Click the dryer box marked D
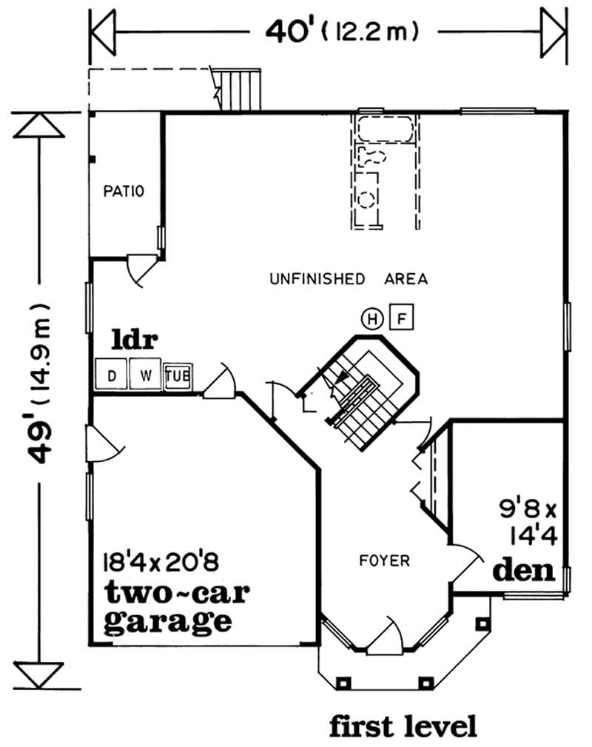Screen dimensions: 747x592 coord(112,375)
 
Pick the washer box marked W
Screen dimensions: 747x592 coord(145,375)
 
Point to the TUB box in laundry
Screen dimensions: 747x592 coord(178,376)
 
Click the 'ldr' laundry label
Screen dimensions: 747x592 coord(135,341)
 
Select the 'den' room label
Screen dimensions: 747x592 coord(524,571)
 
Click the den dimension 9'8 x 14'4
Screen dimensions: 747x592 coord(525,520)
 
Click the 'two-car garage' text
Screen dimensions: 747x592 coord(166,606)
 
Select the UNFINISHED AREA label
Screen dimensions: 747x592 coord(349,279)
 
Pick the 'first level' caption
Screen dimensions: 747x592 coord(403,726)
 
